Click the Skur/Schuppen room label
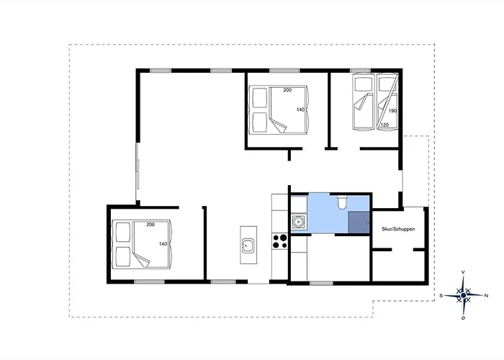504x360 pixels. point(398,229)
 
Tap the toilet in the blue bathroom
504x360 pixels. point(342,202)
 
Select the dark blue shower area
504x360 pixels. point(359,222)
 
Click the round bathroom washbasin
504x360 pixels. point(297,222)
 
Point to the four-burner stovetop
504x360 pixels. point(279,241)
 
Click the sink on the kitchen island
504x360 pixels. point(248,246)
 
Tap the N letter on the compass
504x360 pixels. point(486,295)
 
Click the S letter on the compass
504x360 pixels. point(441,295)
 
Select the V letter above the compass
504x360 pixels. point(463,272)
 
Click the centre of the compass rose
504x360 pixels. point(463,295)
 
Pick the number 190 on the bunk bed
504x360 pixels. point(392,111)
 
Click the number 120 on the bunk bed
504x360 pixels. point(384,125)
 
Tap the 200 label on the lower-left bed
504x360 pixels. point(150,225)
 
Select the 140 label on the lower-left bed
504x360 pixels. point(163,244)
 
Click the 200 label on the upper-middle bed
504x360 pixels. point(287,90)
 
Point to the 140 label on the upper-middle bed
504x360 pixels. point(300,109)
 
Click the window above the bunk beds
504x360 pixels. point(360,71)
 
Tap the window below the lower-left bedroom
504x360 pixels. point(149,282)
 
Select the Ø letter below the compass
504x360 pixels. point(463,318)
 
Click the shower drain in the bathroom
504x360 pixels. point(368,222)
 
